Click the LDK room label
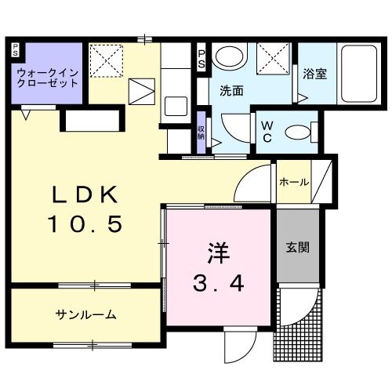85,194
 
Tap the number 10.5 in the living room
85,225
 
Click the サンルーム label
85,315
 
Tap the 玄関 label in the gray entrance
297,248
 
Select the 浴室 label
314,75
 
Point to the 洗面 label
231,90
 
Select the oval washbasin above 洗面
228,56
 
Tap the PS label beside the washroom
201,57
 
